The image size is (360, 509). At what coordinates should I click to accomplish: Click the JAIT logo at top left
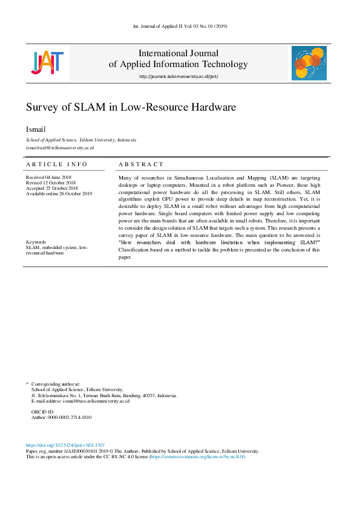tap(47, 62)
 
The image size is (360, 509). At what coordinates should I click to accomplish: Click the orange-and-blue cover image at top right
tap(309, 63)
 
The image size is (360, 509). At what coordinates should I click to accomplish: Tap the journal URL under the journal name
tap(178, 76)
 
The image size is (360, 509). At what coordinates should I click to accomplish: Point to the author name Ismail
tap(34, 129)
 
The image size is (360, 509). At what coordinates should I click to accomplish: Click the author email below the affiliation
tap(60, 148)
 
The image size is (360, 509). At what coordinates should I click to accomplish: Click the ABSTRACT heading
tap(141, 164)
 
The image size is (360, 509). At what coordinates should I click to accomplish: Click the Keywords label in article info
tap(36, 242)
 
